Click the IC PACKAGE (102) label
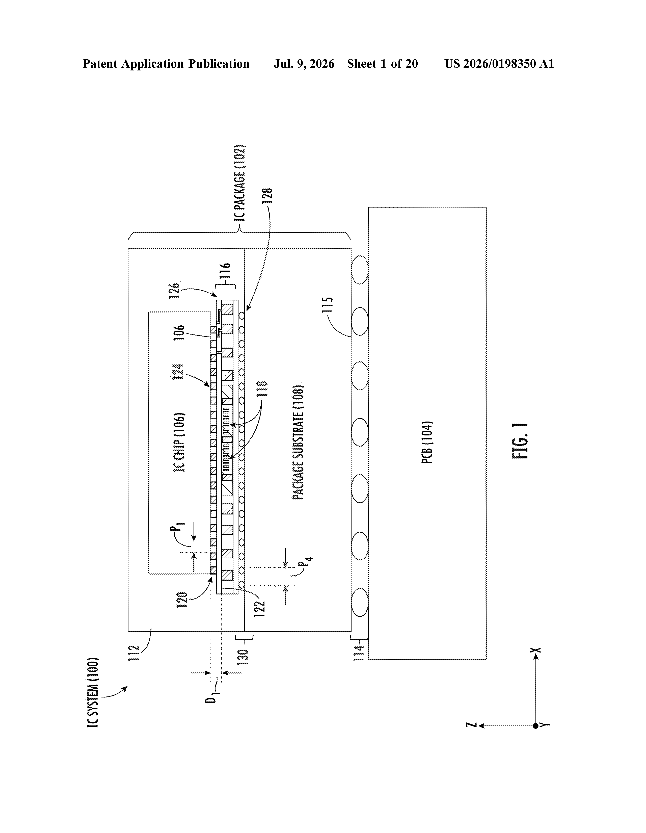(x=240, y=183)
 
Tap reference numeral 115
(x=327, y=305)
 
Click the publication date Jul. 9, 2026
(x=304, y=64)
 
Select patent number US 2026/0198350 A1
(x=499, y=64)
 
